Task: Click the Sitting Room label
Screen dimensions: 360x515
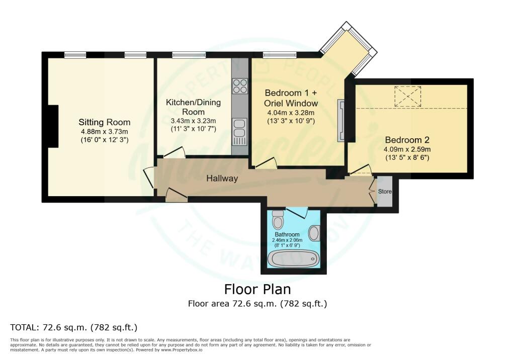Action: [x=104, y=122]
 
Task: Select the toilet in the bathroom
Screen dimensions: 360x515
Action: [x=277, y=219]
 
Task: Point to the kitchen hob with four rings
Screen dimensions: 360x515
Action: [x=240, y=86]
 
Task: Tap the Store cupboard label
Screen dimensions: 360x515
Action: [x=385, y=192]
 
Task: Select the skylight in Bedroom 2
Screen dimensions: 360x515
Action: [x=407, y=96]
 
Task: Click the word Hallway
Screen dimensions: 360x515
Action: [x=222, y=178]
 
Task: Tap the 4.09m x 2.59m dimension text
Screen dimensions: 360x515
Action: [x=407, y=149]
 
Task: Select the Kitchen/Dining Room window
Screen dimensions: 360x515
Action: [x=189, y=54]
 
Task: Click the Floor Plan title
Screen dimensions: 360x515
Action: [x=257, y=290]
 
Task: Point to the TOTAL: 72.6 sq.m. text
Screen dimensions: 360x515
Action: [x=74, y=327]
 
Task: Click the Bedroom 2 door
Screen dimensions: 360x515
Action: [x=361, y=171]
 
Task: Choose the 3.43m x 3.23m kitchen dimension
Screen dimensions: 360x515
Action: [x=193, y=121]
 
